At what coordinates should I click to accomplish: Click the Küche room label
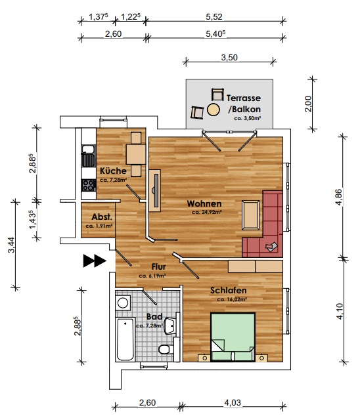[x=113, y=171]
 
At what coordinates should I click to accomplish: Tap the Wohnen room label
[x=204, y=203]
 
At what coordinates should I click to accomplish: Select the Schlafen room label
[x=228, y=290]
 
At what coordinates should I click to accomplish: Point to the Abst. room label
[x=102, y=217]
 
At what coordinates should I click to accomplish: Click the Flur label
[x=158, y=267]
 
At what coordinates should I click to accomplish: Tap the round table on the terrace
[x=214, y=110]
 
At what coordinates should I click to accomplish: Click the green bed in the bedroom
[x=233, y=337]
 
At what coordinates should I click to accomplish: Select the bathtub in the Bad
[x=125, y=339]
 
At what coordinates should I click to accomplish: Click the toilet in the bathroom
[x=166, y=349]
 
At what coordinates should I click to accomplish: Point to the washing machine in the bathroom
[x=123, y=303]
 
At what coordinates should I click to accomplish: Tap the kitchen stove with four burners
[x=89, y=185]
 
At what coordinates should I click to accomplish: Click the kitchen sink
[x=89, y=156]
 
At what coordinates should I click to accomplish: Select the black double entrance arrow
[x=95, y=261]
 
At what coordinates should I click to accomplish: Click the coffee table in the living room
[x=251, y=215]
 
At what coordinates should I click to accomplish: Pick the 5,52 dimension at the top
[x=214, y=17]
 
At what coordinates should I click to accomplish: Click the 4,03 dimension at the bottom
[x=233, y=403]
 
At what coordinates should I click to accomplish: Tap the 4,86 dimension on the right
[x=339, y=197]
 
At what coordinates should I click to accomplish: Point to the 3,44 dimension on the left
[x=12, y=245]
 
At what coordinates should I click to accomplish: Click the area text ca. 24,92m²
[x=207, y=213]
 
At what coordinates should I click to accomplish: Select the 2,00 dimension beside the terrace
[x=308, y=104]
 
